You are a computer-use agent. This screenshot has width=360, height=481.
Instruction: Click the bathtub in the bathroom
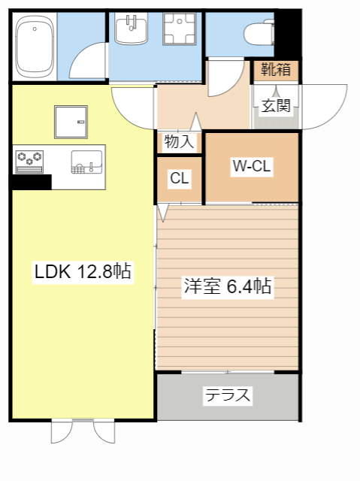34,47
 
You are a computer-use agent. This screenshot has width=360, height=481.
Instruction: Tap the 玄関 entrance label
276,105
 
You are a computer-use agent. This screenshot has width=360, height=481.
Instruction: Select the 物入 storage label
179,141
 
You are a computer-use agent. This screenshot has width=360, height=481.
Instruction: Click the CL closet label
179,179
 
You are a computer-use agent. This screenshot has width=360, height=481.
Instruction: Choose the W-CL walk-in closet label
251,166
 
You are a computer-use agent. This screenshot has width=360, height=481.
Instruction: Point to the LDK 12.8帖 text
83,272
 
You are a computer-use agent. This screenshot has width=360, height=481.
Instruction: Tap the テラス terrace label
227,395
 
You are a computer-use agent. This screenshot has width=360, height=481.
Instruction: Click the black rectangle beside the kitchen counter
31,182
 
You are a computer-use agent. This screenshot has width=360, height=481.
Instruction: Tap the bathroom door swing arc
90,64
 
